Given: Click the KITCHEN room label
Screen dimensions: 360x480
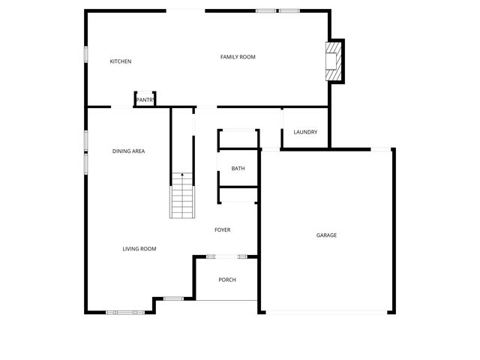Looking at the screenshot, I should point(121,61).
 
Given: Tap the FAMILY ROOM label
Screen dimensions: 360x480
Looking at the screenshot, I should point(238,57).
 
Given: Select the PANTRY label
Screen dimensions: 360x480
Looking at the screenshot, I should point(145,100).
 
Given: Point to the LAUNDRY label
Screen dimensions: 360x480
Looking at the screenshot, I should point(305,133).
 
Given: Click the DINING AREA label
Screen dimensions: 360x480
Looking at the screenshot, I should point(128,151).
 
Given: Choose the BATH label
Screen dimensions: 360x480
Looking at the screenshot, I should point(238,169).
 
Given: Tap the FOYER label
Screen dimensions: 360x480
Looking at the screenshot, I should point(223,229).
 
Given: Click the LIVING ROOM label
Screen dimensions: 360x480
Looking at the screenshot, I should point(139,249).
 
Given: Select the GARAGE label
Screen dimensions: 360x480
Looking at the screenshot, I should point(326,235).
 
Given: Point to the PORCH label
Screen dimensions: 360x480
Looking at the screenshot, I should point(227,280).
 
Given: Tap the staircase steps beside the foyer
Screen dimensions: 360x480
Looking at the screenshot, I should point(181,199).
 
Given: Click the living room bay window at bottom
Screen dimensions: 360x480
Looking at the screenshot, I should point(125,312).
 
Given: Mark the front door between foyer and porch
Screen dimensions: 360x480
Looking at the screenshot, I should point(227,257).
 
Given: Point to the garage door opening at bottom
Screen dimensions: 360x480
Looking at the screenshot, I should point(326,313).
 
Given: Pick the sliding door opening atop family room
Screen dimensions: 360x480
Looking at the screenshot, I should point(185,10).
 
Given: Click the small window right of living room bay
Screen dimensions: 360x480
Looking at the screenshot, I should point(173,298).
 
